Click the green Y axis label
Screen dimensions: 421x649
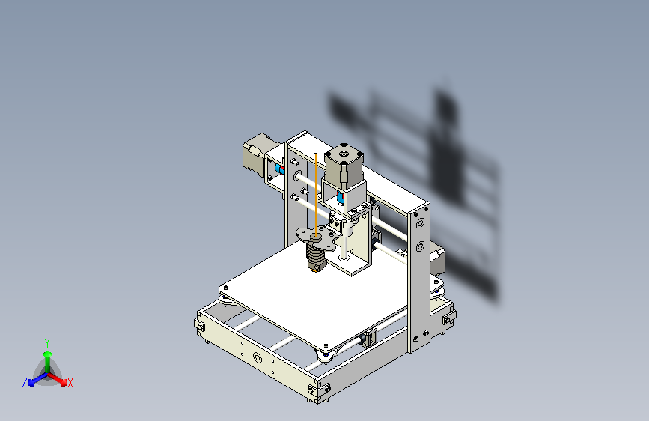46,341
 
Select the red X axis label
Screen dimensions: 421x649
70,383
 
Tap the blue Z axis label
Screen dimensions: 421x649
25,383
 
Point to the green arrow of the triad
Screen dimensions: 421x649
47,356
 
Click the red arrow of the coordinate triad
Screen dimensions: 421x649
60,378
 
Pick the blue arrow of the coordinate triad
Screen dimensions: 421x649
34,379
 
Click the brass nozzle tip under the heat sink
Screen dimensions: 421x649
315,270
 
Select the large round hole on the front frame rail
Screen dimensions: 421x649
258,357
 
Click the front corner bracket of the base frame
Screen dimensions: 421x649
321,392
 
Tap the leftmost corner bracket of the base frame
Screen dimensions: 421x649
200,327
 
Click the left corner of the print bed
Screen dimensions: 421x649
224,288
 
